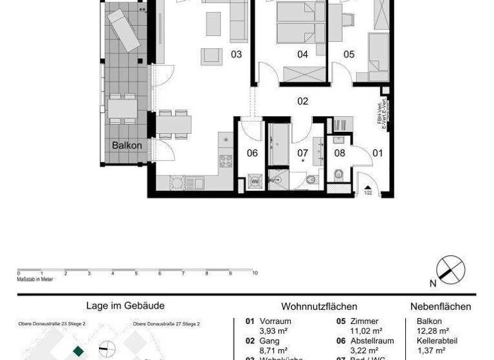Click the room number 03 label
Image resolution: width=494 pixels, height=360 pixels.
click(236, 55)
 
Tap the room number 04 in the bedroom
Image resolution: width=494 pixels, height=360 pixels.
click(302, 55)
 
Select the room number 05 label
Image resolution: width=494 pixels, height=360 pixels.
click(349, 55)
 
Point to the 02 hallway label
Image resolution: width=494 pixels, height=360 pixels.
click(302, 101)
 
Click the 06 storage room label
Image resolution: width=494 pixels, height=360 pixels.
click(252, 153)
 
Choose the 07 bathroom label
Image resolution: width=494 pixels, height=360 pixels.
click(302, 153)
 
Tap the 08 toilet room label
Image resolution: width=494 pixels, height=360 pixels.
click(340, 153)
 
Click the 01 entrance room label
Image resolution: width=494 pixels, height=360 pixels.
click(378, 153)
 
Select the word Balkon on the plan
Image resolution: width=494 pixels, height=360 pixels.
click(127, 145)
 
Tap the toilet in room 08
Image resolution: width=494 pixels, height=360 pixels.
click(338, 174)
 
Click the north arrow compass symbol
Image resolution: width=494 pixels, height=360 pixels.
click(451, 269)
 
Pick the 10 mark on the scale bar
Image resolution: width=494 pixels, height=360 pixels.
click(255, 273)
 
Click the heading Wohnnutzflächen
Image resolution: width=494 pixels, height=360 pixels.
click(319, 307)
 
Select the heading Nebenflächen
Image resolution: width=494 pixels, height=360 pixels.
click(441, 307)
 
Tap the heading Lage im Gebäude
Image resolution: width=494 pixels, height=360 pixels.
click(125, 306)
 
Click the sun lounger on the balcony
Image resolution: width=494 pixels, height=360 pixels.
click(123, 28)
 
